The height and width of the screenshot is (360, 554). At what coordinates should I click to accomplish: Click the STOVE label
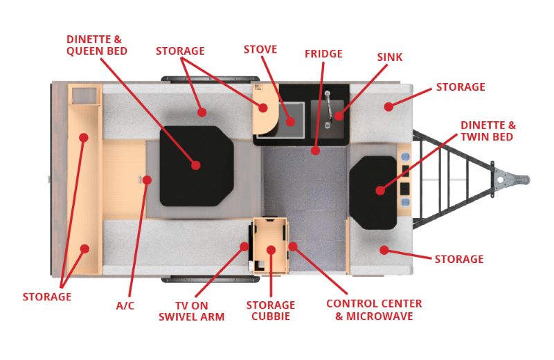pos(260,50)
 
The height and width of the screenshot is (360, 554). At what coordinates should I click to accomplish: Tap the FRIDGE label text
pos(323,53)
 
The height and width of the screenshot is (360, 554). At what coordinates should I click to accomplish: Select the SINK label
pos(390,57)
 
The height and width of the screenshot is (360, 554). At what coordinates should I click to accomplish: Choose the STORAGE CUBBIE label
pos(271,311)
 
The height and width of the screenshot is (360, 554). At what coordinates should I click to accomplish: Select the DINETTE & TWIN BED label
pos(488,131)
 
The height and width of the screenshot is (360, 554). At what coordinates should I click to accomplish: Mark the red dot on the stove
pos(291,121)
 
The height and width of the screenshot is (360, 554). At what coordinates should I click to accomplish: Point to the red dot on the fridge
pos(315,150)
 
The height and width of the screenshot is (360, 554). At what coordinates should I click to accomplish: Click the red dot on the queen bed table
pos(196,165)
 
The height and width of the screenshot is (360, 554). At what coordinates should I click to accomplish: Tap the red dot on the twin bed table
pos(379,189)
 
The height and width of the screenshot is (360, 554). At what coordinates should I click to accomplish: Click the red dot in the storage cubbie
pos(271,249)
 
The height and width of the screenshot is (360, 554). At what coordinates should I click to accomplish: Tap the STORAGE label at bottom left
pos(47,297)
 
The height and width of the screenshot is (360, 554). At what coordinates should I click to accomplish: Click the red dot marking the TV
pos(244,246)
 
